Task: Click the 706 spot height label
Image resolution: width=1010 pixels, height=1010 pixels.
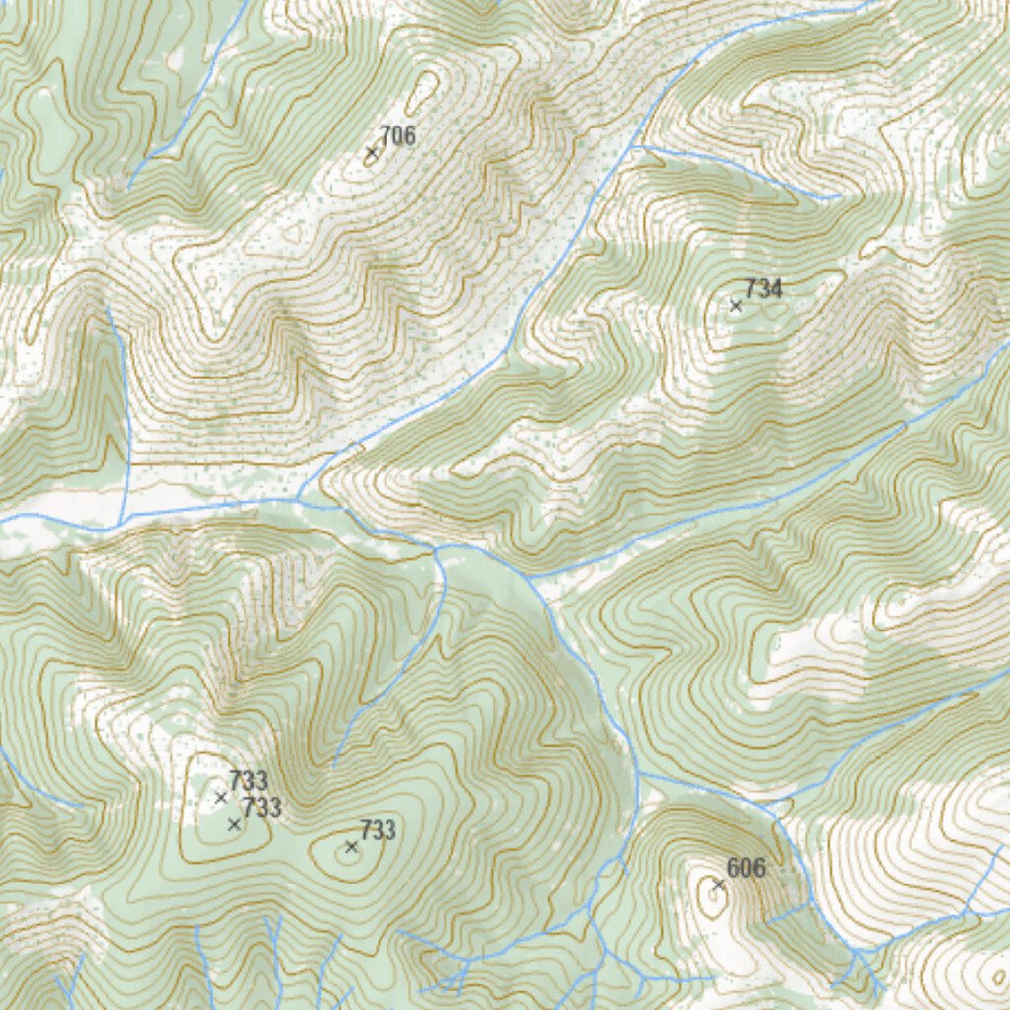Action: click(x=397, y=137)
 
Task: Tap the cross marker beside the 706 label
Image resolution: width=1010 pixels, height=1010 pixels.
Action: click(x=372, y=153)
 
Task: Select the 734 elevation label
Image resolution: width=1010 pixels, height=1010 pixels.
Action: click(x=763, y=289)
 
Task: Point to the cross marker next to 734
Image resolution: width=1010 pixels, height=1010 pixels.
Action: click(x=736, y=306)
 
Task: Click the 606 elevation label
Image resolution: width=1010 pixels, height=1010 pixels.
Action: click(x=746, y=869)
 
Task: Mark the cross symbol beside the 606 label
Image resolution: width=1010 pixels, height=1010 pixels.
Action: click(x=718, y=885)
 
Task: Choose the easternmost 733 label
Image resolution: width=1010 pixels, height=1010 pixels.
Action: click(x=378, y=830)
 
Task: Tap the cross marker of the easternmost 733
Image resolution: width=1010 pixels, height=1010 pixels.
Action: click(x=351, y=846)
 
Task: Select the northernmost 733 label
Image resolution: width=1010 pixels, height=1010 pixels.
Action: click(x=249, y=782)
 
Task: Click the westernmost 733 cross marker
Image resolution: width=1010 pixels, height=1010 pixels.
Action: click(x=221, y=797)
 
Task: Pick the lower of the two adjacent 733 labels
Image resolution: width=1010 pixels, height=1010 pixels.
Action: click(x=262, y=809)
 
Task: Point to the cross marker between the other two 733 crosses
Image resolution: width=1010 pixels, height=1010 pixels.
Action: click(x=235, y=824)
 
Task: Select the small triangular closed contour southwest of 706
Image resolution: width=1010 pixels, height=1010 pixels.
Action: click(x=294, y=235)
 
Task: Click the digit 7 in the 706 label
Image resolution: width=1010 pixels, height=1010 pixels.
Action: click(x=386, y=137)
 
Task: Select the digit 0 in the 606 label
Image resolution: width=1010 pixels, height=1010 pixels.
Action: click(x=746, y=869)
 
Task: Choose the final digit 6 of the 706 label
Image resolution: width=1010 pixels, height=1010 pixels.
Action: click(x=409, y=137)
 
